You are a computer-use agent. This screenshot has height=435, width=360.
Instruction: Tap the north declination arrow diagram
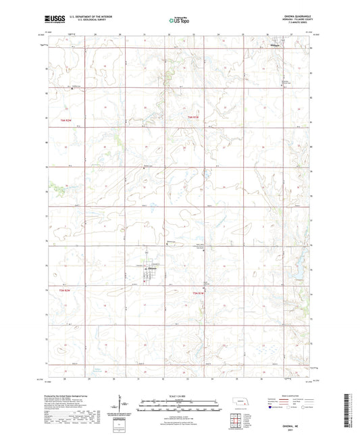point(123,404)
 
